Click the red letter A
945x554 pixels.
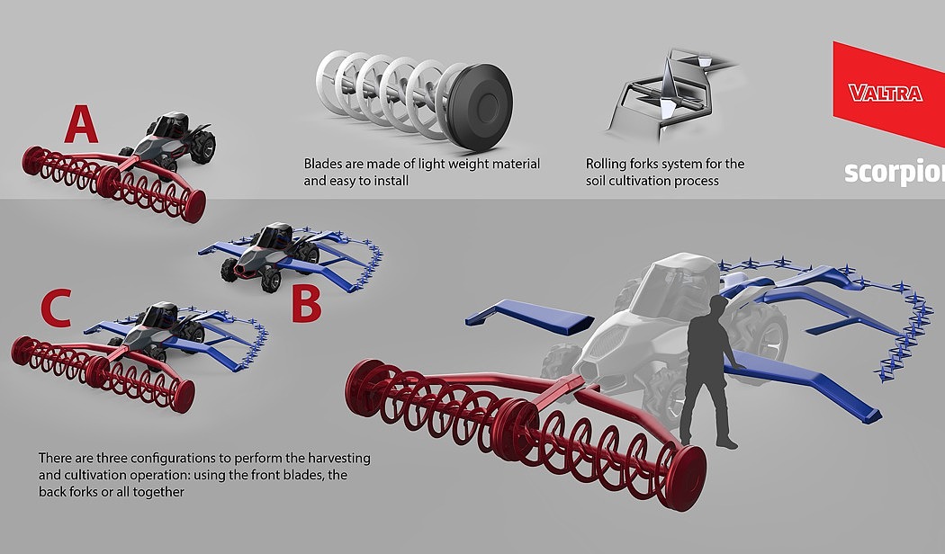pyautogui.click(x=81, y=123)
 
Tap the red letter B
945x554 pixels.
pyautogui.click(x=306, y=303)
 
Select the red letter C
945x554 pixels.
pyautogui.click(x=56, y=308)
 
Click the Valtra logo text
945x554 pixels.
pyautogui.click(x=886, y=93)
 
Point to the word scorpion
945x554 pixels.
pyautogui.click(x=895, y=172)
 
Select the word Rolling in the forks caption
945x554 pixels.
pyautogui.click(x=606, y=165)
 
